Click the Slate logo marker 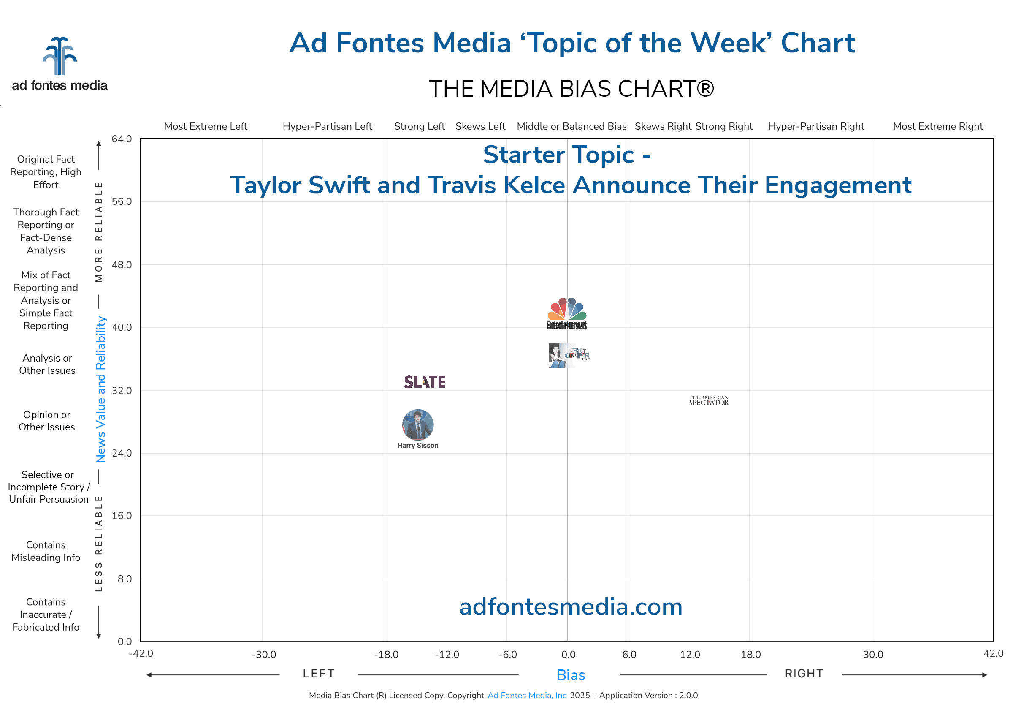[425, 382]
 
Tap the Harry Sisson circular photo [417, 424]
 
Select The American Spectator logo [708, 400]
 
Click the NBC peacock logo [567, 309]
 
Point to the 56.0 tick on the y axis [122, 201]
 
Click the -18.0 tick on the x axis [386, 654]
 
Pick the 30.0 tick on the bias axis [872, 654]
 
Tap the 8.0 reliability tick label [124, 579]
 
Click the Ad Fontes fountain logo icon [60, 56]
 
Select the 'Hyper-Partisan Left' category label [327, 126]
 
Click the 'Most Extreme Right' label [937, 126]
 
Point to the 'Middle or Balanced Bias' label [571, 126]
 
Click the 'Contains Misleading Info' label [46, 551]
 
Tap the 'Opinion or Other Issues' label [47, 421]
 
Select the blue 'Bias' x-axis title [570, 675]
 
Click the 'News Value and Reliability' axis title [101, 389]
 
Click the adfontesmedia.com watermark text [570, 607]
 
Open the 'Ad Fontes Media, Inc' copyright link [527, 696]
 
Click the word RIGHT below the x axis [804, 674]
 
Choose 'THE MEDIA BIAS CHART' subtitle [571, 88]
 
